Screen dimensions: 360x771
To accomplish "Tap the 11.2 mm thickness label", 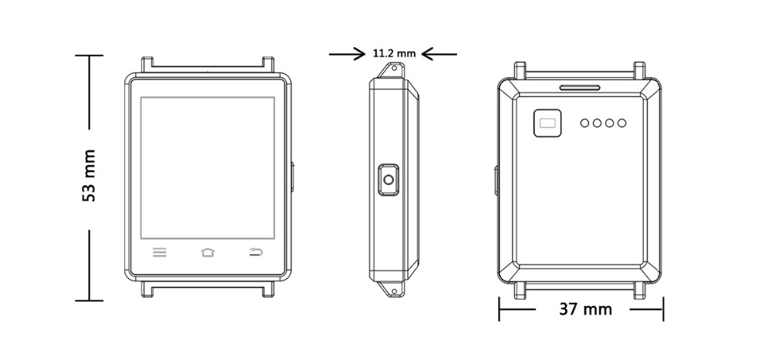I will (x=393, y=54).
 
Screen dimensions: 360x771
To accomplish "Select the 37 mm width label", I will (x=585, y=309).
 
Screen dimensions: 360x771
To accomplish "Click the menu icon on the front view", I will (x=160, y=252).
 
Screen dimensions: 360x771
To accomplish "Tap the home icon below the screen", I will (x=207, y=252).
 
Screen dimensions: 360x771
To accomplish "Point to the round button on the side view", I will (x=389, y=181).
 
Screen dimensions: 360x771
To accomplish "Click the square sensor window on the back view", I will (x=549, y=123).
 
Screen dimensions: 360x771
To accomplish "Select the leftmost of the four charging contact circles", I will (x=585, y=123).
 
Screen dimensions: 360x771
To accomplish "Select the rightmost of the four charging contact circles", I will (x=621, y=123).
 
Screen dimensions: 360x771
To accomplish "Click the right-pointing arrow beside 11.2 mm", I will (x=347, y=54).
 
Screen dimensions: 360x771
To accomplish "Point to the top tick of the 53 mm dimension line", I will (x=89, y=56).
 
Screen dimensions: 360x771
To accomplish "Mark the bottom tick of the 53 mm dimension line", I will (x=89, y=301).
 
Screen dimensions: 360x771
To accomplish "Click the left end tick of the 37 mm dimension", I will (x=500, y=309).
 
